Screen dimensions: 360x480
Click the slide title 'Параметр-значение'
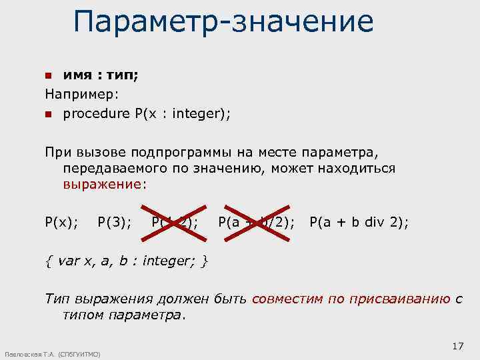223,21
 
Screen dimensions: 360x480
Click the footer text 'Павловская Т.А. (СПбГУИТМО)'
52,354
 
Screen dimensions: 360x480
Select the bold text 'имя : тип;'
101,75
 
